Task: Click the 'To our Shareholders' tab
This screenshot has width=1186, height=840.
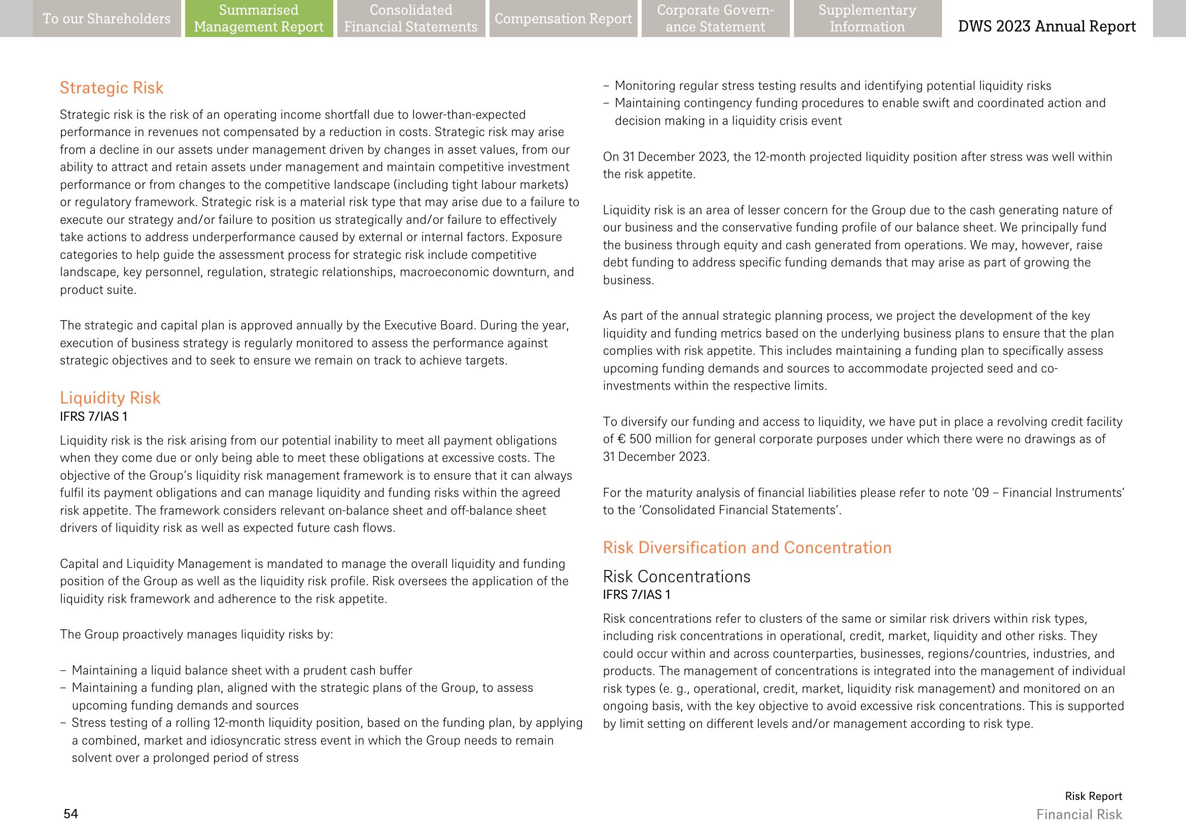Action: [107, 19]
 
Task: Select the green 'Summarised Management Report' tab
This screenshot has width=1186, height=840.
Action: [259, 19]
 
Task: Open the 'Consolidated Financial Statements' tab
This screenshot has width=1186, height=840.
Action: [411, 19]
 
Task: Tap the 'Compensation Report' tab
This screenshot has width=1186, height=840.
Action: [563, 19]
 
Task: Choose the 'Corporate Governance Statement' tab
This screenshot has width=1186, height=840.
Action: [715, 19]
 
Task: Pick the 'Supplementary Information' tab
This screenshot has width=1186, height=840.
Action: [867, 19]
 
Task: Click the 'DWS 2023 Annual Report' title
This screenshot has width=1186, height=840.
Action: [1047, 26]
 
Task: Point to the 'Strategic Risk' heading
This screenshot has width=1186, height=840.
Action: [112, 88]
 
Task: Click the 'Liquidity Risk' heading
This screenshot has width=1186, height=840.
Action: [110, 398]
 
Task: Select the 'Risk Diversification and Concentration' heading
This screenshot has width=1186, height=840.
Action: [747, 548]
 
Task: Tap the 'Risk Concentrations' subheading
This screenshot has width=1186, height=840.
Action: [676, 577]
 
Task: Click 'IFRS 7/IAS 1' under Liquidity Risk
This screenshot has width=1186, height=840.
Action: [93, 416]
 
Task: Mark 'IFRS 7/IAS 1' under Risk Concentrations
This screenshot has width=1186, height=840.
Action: [637, 595]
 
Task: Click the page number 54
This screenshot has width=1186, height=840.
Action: [71, 814]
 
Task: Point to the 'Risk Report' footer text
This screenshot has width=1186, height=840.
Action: [1093, 796]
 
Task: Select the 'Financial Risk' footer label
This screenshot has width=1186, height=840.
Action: [1079, 815]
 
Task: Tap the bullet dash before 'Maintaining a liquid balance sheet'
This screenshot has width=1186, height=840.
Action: [63, 671]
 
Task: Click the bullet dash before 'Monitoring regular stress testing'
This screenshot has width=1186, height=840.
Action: [606, 86]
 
